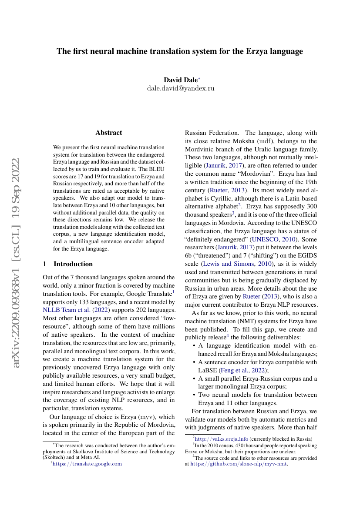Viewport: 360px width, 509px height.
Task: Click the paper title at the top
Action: click(x=179, y=51)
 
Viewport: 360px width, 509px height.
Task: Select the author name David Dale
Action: click(x=181, y=80)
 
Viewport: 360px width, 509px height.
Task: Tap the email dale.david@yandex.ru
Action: click(x=180, y=88)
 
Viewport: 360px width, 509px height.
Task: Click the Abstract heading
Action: click(x=109, y=133)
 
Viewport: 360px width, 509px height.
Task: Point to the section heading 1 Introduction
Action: click(x=68, y=264)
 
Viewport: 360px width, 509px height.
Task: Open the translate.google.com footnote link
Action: click(x=87, y=464)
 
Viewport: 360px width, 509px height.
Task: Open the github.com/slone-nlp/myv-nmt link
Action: click(x=239, y=464)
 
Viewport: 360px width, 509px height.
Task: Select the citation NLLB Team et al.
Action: click(x=66, y=310)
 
